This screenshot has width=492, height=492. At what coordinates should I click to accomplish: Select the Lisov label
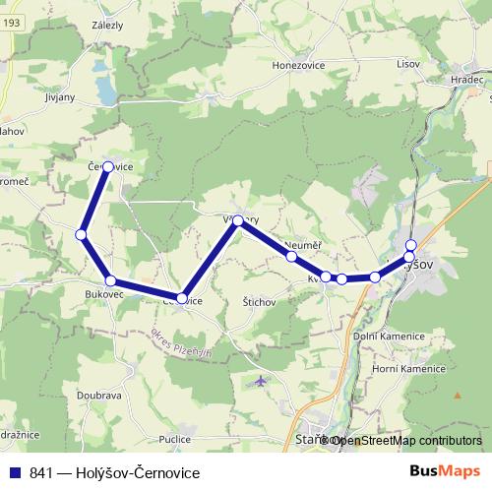pyautogui.click(x=406, y=64)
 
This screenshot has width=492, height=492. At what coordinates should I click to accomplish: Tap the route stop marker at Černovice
pyautogui.click(x=107, y=166)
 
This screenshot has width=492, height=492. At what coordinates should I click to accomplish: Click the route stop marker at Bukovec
pyautogui.click(x=110, y=281)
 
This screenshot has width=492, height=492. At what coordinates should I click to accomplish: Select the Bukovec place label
pyautogui.click(x=103, y=294)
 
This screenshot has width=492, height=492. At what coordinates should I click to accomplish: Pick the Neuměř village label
pyautogui.click(x=300, y=244)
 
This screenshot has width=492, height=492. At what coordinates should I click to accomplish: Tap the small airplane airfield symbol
pyautogui.click(x=259, y=380)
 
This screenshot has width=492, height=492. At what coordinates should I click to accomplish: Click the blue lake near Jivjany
pyautogui.click(x=105, y=92)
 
